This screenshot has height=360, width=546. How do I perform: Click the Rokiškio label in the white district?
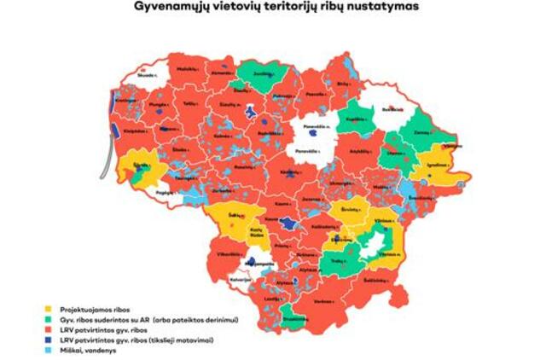tap(392, 110)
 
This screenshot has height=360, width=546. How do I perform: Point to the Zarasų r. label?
tap(421, 135)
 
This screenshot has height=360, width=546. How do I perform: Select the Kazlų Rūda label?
tap(253, 232)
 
